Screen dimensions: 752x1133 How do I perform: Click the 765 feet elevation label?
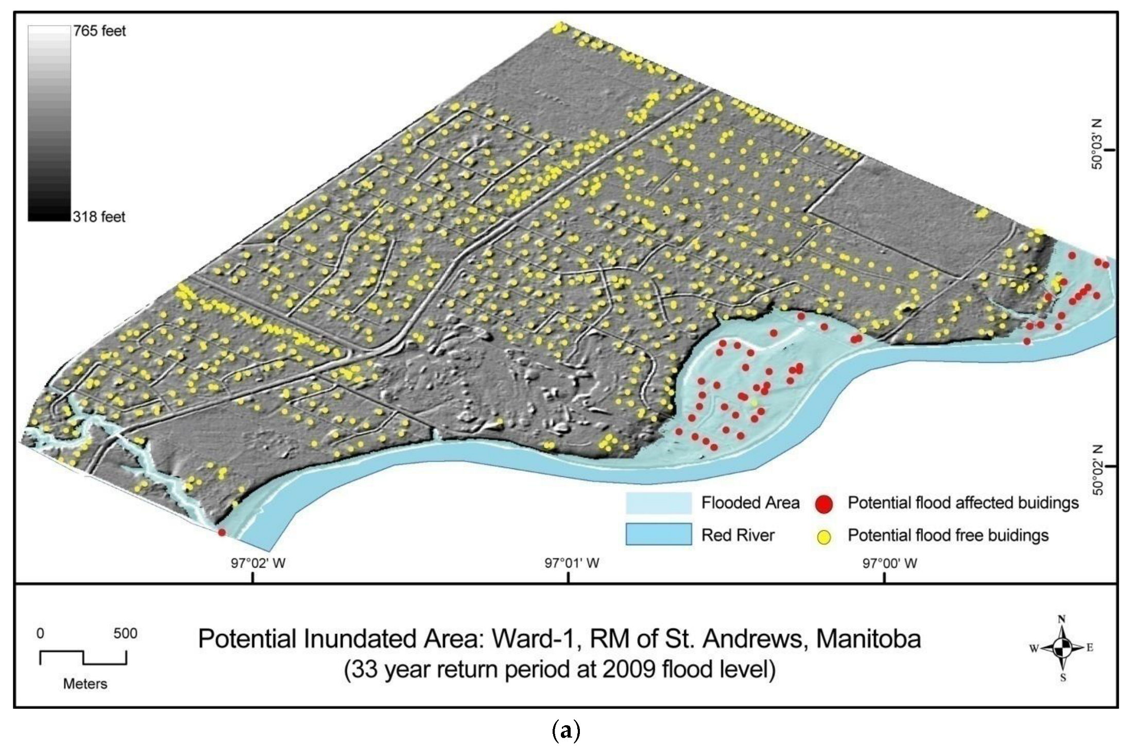click(99, 31)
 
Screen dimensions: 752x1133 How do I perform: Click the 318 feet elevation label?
click(99, 217)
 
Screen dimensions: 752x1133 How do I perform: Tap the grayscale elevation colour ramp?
click(49, 124)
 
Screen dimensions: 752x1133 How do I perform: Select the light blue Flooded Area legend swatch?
click(658, 503)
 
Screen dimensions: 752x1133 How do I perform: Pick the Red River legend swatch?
click(658, 535)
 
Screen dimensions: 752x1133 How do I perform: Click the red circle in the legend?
click(824, 504)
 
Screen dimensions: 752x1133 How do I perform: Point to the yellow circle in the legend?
click(824, 537)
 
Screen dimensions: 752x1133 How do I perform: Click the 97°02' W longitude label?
click(257, 563)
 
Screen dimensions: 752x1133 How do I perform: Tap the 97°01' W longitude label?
click(572, 563)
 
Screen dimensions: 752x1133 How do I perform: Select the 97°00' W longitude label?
click(889, 563)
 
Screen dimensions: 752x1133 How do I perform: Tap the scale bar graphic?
click(83, 658)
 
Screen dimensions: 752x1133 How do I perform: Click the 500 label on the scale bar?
click(125, 634)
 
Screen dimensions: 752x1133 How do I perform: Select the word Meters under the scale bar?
click(85, 684)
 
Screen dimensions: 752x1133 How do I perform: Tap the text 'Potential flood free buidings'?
click(948, 536)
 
